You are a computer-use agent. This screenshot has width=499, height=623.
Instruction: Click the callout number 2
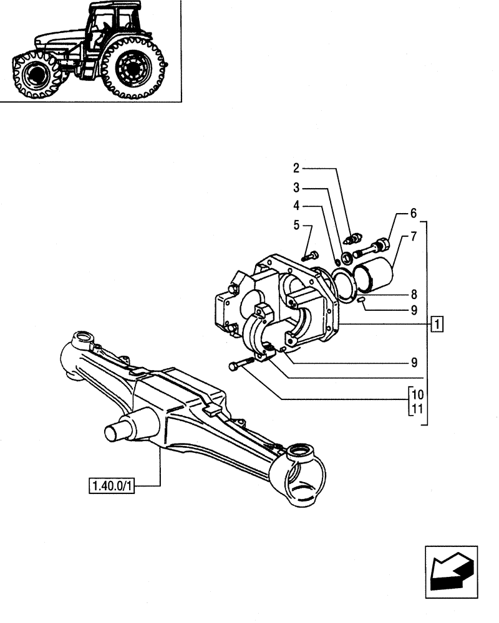click(296, 168)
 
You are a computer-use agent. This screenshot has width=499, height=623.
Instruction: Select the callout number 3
click(296, 187)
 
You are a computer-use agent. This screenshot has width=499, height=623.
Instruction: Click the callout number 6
click(413, 214)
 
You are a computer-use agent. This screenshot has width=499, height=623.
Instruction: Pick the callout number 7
click(413, 237)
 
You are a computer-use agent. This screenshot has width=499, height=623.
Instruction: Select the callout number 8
click(413, 293)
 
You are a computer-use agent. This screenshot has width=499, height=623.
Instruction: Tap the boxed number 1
click(438, 324)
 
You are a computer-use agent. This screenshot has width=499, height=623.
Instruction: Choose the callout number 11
click(417, 409)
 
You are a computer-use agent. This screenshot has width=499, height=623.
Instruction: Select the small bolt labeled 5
click(310, 255)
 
